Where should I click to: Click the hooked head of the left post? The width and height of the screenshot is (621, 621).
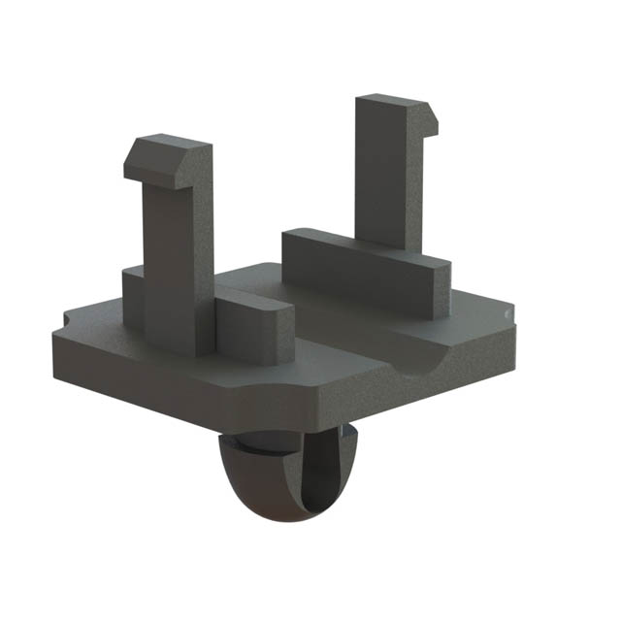(167, 160)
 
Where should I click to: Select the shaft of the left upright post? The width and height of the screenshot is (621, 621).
(173, 252)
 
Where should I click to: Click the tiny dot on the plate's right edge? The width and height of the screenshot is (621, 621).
(507, 315)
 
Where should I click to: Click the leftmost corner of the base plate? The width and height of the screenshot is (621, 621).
(54, 335)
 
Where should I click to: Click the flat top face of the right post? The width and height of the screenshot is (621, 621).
(388, 101)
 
